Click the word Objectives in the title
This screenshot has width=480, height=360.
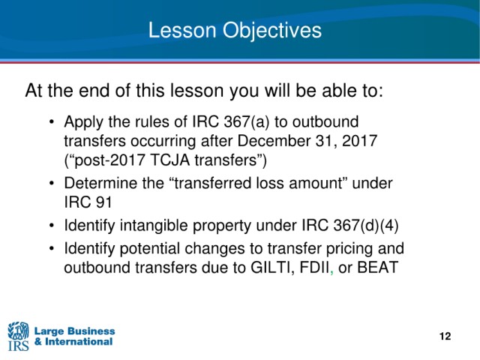[x=271, y=31]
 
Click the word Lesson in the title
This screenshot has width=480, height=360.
[x=182, y=30]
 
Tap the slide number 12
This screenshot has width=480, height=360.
[x=445, y=336]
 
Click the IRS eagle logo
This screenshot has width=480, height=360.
[x=18, y=336]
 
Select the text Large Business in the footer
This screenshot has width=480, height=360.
[x=74, y=331]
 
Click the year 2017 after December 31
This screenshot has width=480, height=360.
[x=359, y=141]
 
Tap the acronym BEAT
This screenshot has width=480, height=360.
[x=377, y=268]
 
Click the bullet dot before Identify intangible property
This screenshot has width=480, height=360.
[x=52, y=226]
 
